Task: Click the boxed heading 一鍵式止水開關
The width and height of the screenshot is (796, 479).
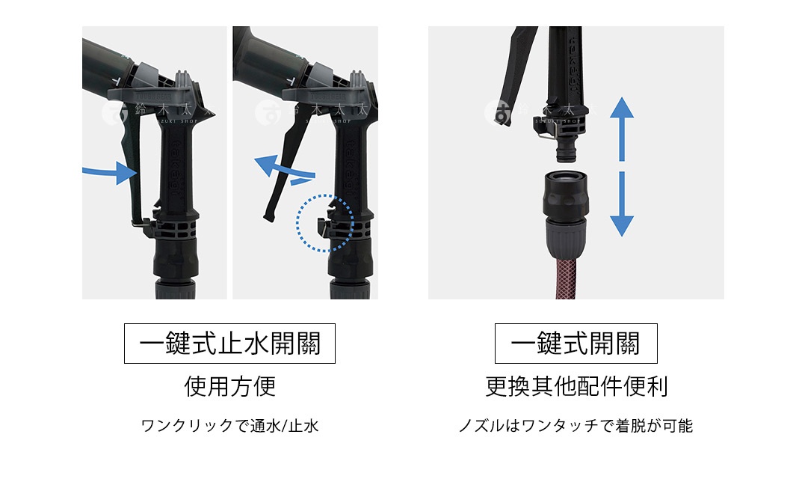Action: (229, 344)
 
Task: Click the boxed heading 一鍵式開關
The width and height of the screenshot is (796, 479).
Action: (576, 344)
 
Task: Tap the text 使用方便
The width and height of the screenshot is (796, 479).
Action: (229, 386)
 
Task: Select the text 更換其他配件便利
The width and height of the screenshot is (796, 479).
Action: (576, 386)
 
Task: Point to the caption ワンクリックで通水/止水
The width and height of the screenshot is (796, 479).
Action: (229, 427)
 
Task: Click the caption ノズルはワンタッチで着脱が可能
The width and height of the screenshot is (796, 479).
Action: (576, 427)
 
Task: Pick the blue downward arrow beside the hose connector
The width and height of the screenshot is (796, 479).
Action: (621, 213)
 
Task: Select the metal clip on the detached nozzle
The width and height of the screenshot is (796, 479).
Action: (545, 135)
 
